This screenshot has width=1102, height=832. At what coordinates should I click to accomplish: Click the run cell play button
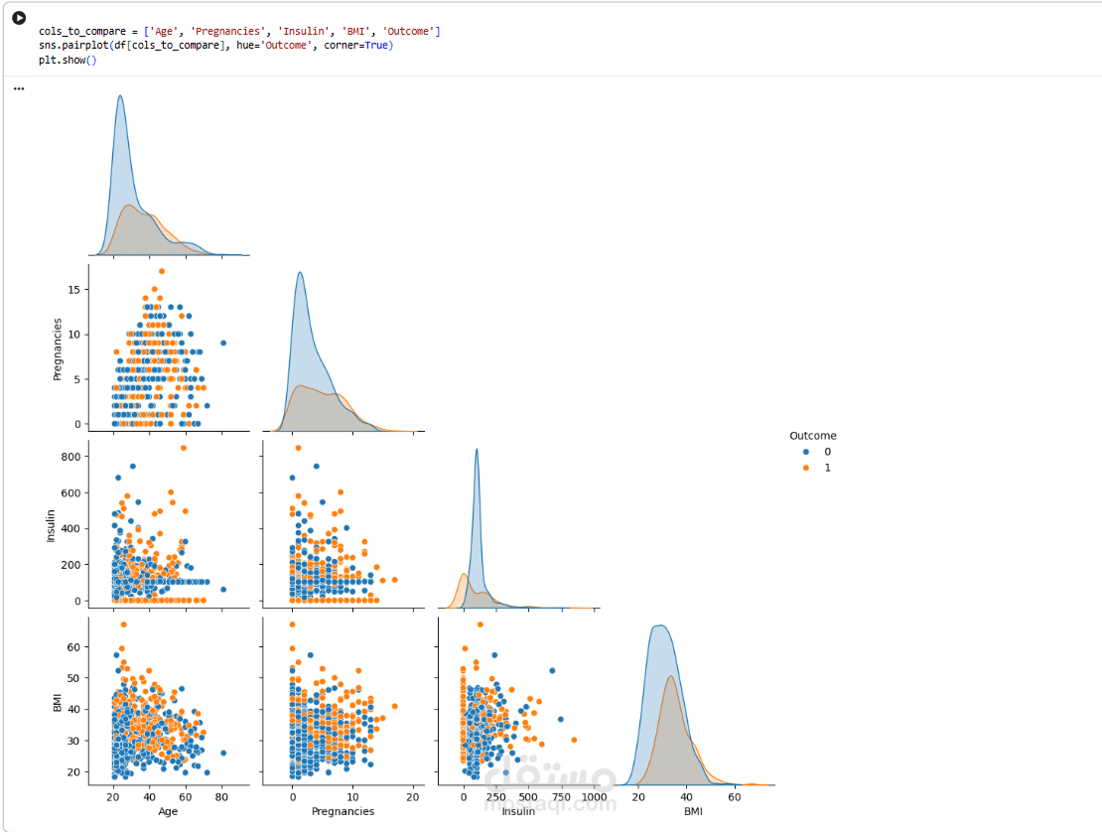point(19,19)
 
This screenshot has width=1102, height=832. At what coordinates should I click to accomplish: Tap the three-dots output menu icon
point(18,88)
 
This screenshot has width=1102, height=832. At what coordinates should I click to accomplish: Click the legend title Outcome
point(812,436)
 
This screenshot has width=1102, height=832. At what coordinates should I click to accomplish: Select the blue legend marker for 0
point(805,452)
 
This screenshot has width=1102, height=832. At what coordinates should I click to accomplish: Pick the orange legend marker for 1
point(805,468)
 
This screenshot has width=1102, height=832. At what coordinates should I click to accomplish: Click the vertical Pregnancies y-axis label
point(58,348)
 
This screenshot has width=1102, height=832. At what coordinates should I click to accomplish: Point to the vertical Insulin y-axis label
point(52,525)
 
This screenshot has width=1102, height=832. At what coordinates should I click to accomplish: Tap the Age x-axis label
point(168,811)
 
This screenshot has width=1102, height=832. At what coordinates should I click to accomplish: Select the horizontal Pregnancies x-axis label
point(343,811)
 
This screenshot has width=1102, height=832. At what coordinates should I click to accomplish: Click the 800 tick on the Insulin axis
point(71,457)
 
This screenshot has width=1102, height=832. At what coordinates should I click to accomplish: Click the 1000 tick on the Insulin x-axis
point(594,796)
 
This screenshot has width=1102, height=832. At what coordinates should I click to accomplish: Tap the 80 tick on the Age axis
point(222,796)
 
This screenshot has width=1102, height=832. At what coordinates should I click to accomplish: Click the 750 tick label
point(561,796)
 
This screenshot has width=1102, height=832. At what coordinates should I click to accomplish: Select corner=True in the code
point(365,46)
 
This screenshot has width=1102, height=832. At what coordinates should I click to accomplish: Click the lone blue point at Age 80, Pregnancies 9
point(223,343)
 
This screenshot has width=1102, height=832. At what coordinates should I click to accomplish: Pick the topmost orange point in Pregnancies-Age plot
point(161,271)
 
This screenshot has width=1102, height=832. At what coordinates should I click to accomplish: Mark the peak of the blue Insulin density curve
point(477,450)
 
